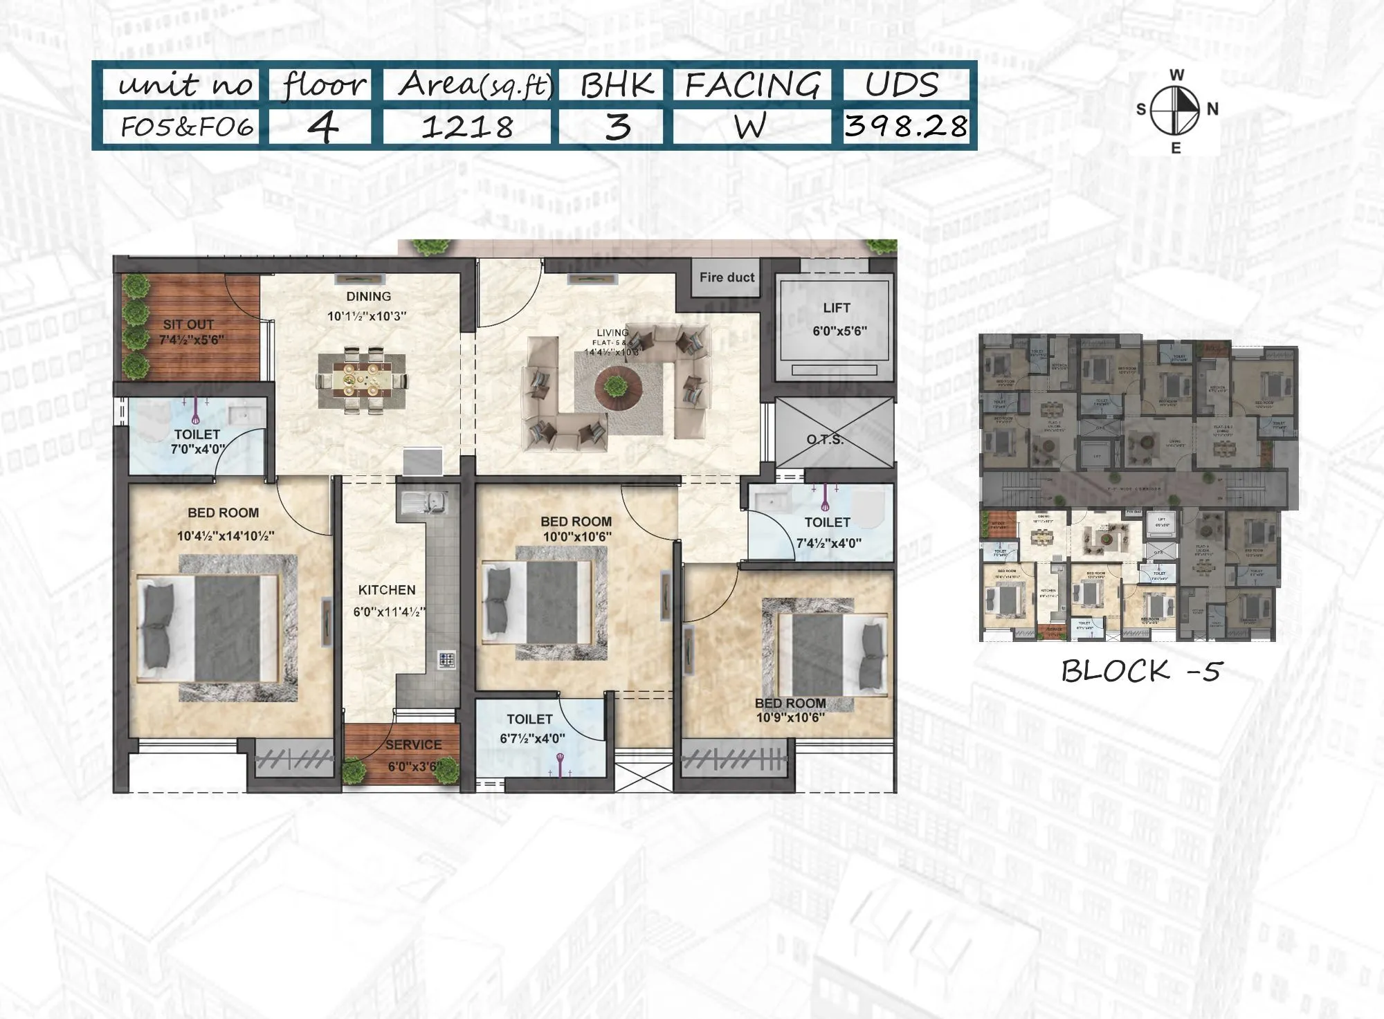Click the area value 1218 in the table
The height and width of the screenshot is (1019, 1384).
[467, 127]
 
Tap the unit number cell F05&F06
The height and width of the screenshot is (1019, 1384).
[187, 127]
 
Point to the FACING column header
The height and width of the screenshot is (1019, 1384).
[752, 86]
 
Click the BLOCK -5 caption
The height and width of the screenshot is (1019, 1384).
[1142, 671]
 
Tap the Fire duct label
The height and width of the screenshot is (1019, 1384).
[727, 277]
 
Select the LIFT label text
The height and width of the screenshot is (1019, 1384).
[837, 308]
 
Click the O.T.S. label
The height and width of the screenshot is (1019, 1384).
[825, 440]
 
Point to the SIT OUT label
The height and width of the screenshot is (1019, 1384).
[188, 324]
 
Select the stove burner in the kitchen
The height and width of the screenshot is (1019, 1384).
[447, 659]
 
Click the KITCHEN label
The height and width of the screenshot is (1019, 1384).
[387, 590]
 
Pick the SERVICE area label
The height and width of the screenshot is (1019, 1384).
[413, 745]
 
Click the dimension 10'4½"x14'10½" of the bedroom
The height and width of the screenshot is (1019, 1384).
[226, 536]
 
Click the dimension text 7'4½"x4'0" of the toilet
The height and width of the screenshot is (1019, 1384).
[829, 544]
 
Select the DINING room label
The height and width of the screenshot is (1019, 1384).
[369, 297]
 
